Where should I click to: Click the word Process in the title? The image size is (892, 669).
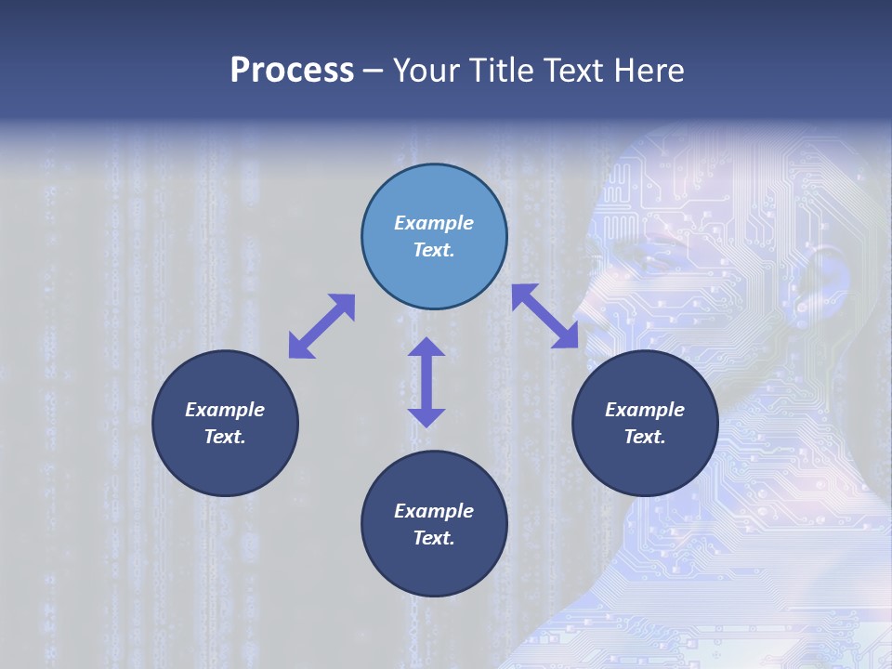[x=292, y=71]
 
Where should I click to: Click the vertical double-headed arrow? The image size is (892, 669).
[x=426, y=382]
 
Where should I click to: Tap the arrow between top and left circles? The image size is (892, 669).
[x=321, y=325]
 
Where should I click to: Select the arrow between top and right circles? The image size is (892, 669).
[x=545, y=316]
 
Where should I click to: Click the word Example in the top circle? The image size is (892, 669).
[x=434, y=223]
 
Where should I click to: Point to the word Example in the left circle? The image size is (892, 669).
[x=225, y=410]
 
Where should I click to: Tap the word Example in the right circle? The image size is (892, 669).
[x=645, y=410]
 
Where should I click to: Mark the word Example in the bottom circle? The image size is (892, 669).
[x=434, y=511]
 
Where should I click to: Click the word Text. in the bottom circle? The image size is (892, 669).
[x=434, y=538]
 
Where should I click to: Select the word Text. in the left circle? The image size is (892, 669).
[x=225, y=437]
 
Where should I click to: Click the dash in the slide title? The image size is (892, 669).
[x=374, y=71]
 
